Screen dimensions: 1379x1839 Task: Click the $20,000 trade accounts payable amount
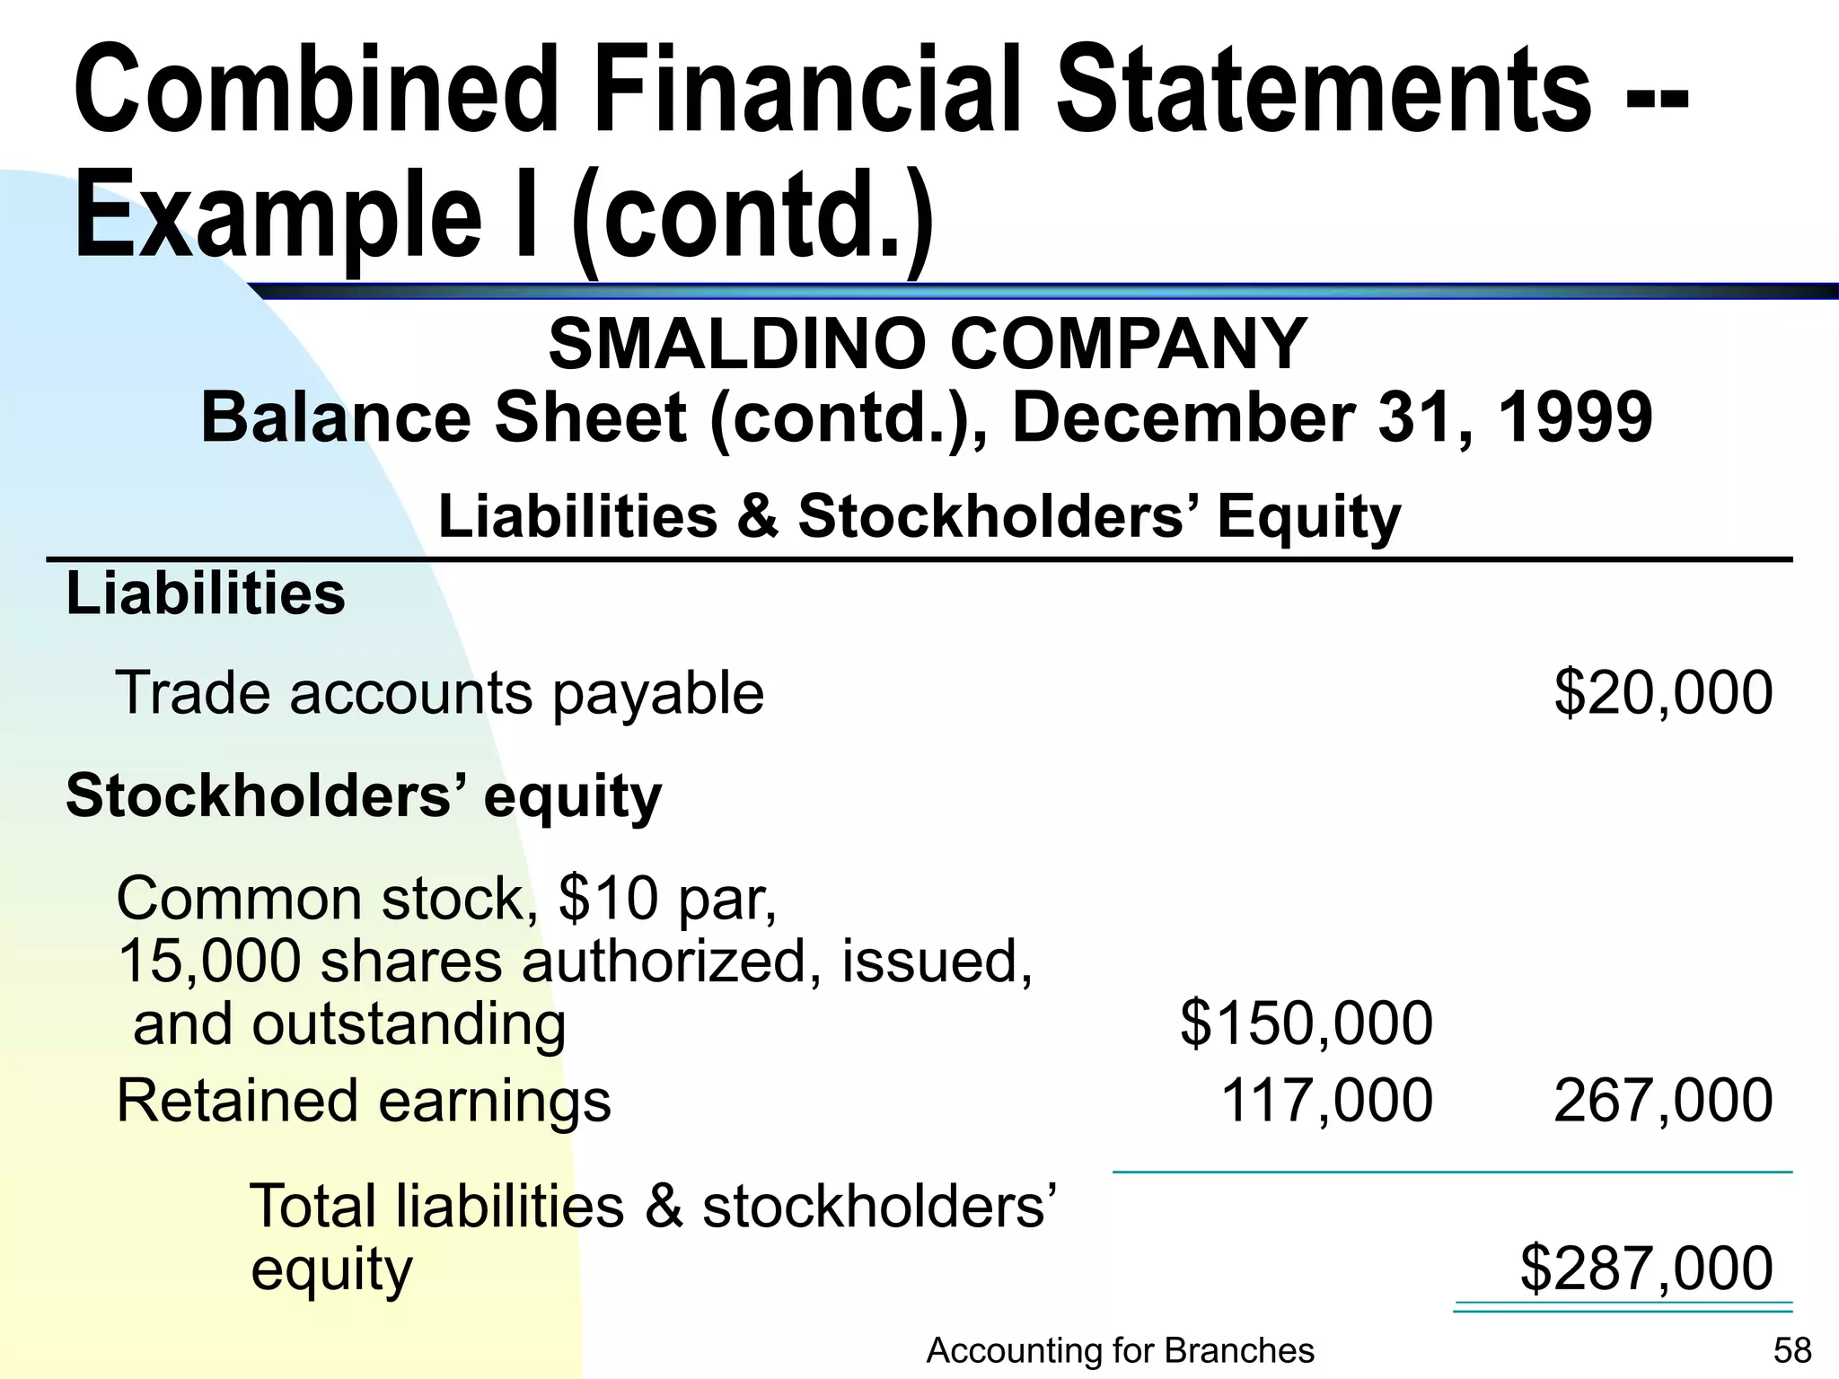coord(1663,693)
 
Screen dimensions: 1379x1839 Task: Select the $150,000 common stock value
coord(1307,1023)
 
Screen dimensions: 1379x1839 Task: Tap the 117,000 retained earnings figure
coord(1326,1101)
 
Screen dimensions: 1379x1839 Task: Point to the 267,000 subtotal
coord(1663,1101)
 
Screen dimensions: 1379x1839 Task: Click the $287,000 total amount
coord(1646,1268)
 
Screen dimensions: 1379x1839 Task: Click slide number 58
coord(1792,1350)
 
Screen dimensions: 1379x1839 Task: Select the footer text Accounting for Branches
coord(1120,1350)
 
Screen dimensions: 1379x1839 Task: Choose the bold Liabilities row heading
coord(206,594)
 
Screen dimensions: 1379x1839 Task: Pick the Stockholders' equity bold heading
coord(364,796)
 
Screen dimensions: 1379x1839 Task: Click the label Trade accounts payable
coord(440,693)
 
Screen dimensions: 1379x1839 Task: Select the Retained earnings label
coord(364,1101)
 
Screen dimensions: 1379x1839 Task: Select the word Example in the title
coord(277,218)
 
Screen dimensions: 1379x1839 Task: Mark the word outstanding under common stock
coord(409,1024)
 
